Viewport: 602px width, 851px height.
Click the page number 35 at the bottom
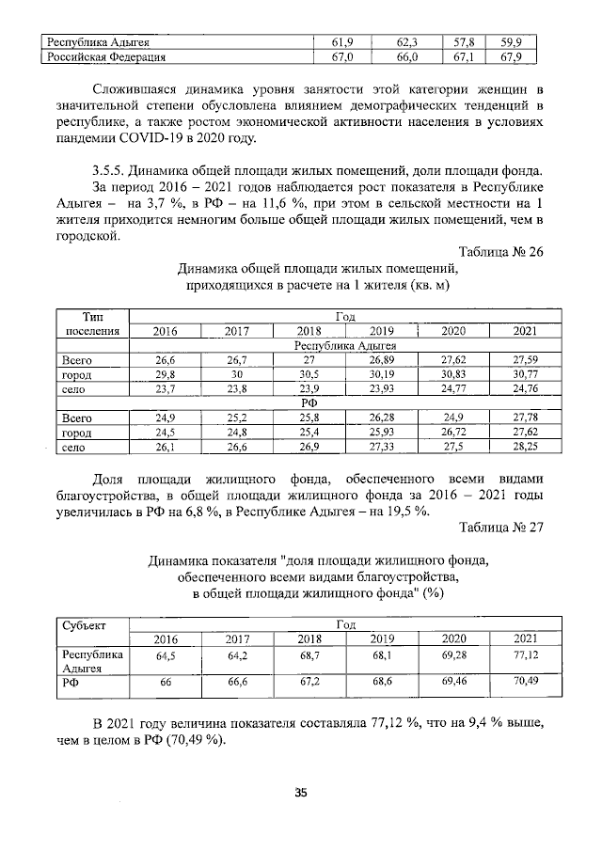(x=301, y=792)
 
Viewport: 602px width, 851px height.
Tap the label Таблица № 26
(x=500, y=249)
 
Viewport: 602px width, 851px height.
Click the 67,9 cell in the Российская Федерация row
(x=512, y=57)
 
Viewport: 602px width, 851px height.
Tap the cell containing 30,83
(x=453, y=373)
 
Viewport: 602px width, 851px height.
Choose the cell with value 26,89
(x=382, y=359)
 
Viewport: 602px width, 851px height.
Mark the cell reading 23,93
(x=382, y=388)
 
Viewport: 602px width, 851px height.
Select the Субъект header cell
(x=85, y=624)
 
